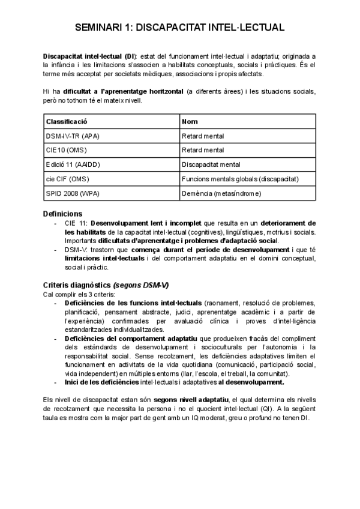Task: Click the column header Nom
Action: click(x=190, y=121)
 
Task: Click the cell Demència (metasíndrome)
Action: click(x=218, y=193)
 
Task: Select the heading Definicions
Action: click(x=63, y=213)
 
